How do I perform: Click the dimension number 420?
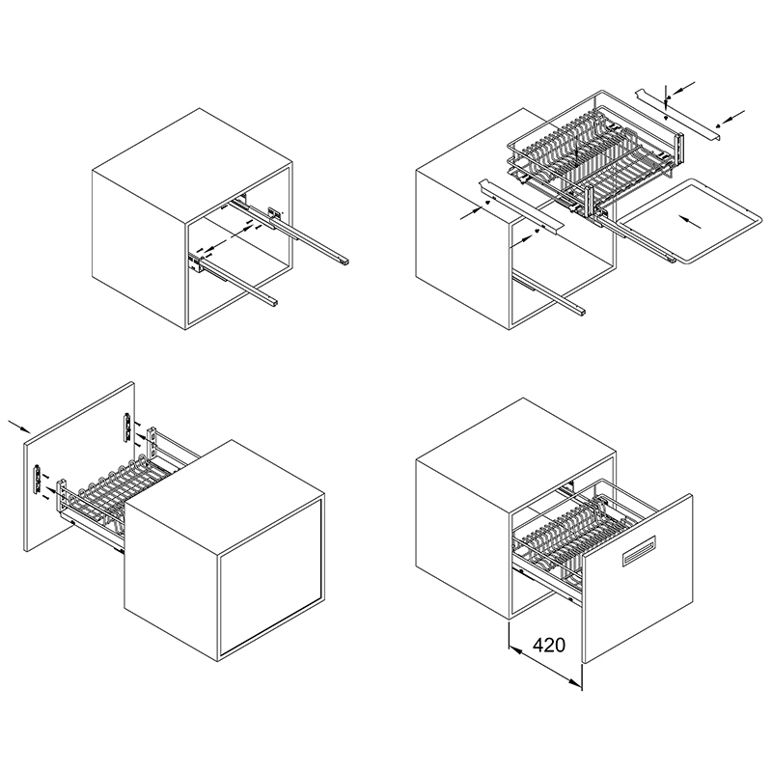549,645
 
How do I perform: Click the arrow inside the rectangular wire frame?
689,222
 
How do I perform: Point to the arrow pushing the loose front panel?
19,427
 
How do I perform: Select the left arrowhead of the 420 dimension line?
515,651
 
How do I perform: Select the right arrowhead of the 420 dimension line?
574,682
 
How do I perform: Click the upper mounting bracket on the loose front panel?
127,427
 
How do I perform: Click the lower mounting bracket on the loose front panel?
36,479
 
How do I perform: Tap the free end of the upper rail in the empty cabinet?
345,261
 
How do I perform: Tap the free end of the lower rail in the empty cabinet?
273,302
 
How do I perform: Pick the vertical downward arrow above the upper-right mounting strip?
666,95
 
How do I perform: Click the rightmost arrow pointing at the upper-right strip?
732,117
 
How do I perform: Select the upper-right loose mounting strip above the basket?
679,116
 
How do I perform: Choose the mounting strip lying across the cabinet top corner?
521,206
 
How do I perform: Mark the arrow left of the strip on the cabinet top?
472,212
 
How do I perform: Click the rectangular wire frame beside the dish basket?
689,221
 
